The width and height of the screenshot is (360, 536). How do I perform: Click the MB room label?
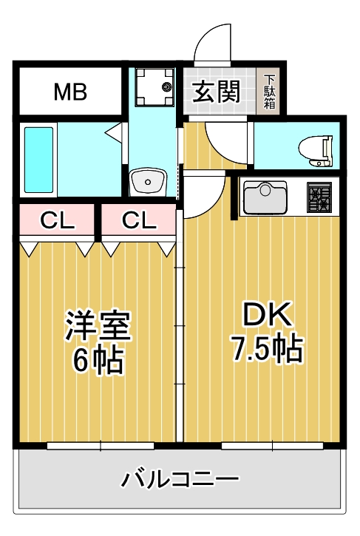pos(70,92)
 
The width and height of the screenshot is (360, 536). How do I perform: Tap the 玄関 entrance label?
pos(217,92)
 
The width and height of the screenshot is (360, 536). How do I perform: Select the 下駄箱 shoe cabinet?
pos(270,92)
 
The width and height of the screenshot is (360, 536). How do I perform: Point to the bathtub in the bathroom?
pos(39,160)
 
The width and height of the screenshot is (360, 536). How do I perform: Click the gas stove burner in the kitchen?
pos(322,197)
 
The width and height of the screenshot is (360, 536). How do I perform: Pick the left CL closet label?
pos(56,220)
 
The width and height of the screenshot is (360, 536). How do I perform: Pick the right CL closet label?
pos(138,220)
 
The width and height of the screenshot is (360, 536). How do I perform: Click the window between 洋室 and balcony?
pos(101,446)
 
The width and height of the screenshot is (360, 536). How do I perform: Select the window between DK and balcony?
pos(273,446)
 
